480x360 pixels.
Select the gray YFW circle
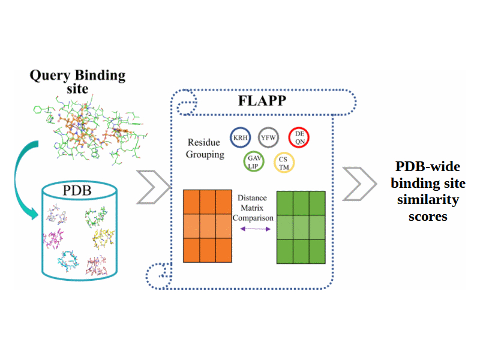[268, 138]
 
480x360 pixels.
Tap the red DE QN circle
[299, 138]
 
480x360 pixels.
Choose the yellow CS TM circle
[283, 163]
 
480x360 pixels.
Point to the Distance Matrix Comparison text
[253, 208]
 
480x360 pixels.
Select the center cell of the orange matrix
[207, 226]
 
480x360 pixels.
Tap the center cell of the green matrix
[301, 227]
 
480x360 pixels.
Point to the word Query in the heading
[51, 76]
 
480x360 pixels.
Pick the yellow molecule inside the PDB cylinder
[103, 240]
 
